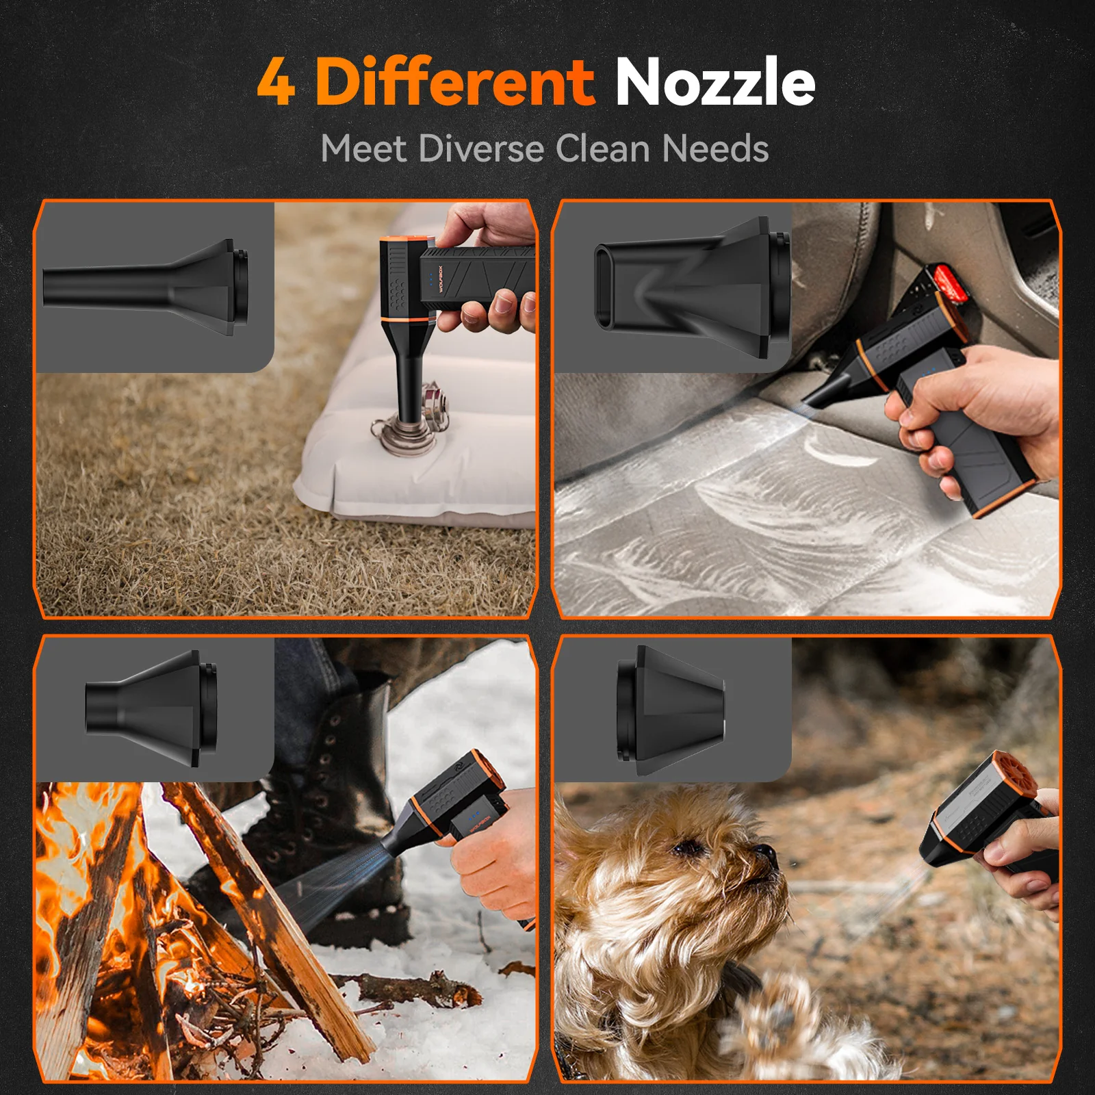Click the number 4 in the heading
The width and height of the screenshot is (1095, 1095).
click(x=276, y=83)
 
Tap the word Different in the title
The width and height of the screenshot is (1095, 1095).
click(x=454, y=81)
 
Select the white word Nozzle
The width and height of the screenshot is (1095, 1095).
click(x=714, y=81)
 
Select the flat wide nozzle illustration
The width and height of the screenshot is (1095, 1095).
click(x=691, y=287)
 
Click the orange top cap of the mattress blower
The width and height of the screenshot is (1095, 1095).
click(x=404, y=243)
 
